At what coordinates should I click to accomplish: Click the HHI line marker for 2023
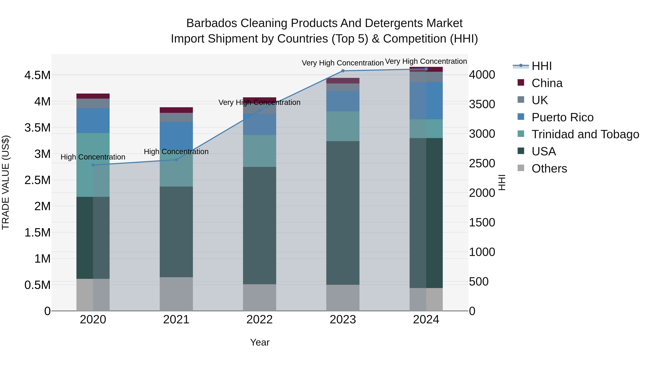coord(343,71)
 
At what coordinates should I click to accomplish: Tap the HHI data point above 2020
coord(93,165)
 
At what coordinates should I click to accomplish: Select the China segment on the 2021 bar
coord(176,110)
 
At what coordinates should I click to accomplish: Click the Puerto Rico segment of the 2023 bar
coord(343,101)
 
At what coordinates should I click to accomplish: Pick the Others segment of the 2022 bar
coord(259,297)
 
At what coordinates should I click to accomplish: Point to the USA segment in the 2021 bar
coord(176,232)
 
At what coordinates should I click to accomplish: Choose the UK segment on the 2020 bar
coord(93,103)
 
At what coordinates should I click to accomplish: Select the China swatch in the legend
coord(521,83)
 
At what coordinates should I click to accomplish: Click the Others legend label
coord(549,169)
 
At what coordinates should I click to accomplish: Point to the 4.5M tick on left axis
coord(37,75)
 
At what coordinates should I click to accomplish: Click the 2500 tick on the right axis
coord(482,163)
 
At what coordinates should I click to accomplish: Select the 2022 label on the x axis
coord(259,320)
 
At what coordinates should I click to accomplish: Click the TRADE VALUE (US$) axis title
coord(6,182)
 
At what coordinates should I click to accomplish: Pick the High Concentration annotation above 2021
coord(176,152)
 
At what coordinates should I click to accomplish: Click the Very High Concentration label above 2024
coord(426,61)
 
